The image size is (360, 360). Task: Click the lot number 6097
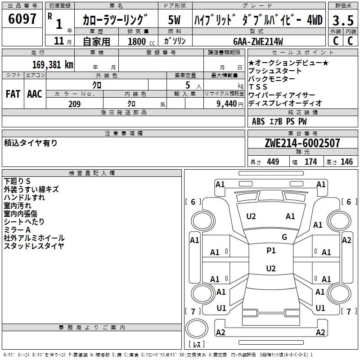(x=22, y=19)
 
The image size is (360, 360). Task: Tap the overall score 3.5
(x=342, y=20)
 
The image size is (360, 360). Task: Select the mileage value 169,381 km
(x=53, y=64)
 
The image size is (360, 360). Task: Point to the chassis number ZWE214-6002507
(x=302, y=143)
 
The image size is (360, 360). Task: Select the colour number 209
(x=74, y=104)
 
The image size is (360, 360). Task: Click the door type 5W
(x=175, y=20)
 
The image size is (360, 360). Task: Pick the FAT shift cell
(x=13, y=94)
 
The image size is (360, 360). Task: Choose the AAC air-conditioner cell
(x=34, y=94)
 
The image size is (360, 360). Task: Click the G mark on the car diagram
(x=284, y=237)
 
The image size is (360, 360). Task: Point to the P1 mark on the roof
(x=271, y=251)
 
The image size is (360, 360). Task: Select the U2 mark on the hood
(x=251, y=216)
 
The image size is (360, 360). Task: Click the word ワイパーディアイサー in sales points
(x=282, y=95)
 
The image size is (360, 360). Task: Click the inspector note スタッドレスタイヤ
(x=34, y=246)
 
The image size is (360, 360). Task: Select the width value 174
(x=311, y=162)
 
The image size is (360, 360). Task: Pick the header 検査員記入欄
(x=92, y=173)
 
